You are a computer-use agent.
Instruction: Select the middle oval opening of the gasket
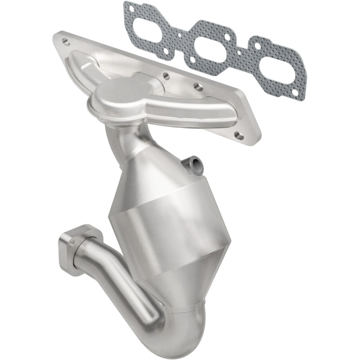click(207, 48)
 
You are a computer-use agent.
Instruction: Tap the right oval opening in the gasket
click(264, 66)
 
